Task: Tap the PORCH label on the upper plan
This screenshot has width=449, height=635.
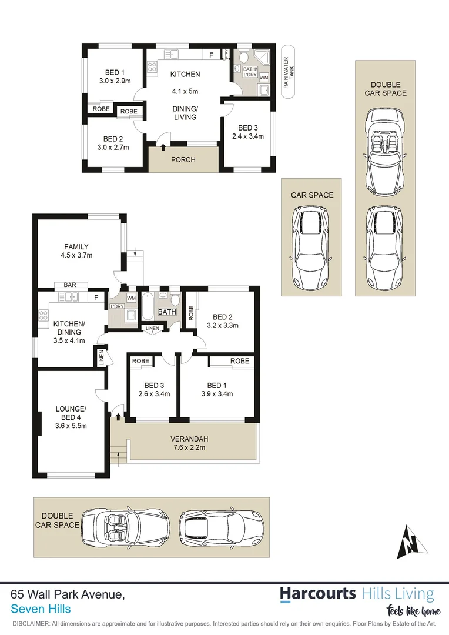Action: [183, 159]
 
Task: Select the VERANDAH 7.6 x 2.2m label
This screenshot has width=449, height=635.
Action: [189, 443]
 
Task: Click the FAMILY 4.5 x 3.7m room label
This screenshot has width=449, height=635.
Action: [77, 251]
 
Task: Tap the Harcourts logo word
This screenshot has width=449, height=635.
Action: [317, 593]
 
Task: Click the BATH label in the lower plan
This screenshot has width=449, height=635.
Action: [167, 312]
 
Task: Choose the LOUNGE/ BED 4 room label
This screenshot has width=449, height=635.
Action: [71, 417]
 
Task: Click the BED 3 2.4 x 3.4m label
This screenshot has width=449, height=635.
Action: [247, 132]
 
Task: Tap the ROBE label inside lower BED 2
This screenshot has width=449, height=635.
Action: [190, 313]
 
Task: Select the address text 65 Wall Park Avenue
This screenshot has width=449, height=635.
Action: [68, 595]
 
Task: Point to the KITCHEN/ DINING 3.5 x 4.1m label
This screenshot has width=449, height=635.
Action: [69, 332]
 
